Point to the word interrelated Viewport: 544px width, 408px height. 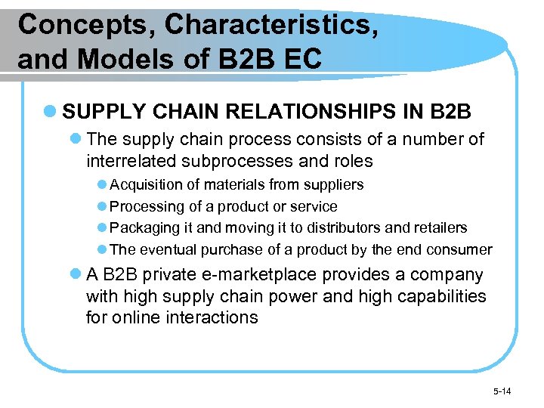pyautogui.click(x=134, y=162)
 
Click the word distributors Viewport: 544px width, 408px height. pyautogui.click(x=339, y=227)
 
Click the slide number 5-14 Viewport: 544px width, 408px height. pyautogui.click(x=502, y=391)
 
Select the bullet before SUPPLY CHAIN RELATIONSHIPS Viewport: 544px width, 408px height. pyautogui.click(x=50, y=113)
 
